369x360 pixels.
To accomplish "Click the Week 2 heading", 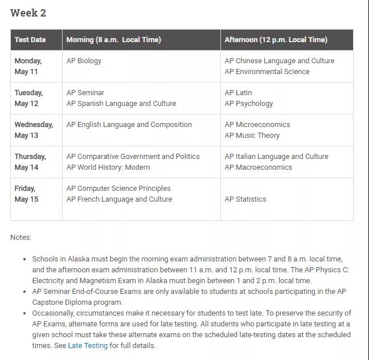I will (28, 13).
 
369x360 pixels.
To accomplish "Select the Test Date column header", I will (30, 40).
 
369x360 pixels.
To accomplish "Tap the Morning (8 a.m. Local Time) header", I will (113, 40).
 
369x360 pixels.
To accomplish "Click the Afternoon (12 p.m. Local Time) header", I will (276, 40).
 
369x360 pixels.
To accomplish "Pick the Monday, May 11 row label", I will (28, 66).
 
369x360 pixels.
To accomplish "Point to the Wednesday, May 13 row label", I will (34, 130).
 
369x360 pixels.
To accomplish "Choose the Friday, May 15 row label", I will (26, 194).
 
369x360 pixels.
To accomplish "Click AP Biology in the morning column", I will (84, 61).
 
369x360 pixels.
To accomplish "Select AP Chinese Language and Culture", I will (280, 61).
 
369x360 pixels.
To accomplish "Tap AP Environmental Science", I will (267, 72).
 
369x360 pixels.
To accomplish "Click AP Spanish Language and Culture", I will (121, 104).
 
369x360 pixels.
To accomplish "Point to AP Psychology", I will (249, 104).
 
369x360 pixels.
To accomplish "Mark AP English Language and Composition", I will (129, 125).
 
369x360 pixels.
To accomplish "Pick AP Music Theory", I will (252, 136).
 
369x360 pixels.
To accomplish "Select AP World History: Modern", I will (108, 167).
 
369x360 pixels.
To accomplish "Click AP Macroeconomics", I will (258, 167).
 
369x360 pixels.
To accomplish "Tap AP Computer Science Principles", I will (118, 189).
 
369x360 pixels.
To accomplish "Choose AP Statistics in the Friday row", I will (245, 199).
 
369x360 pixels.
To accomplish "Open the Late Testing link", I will (88, 346).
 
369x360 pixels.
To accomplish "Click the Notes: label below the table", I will (21, 238).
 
